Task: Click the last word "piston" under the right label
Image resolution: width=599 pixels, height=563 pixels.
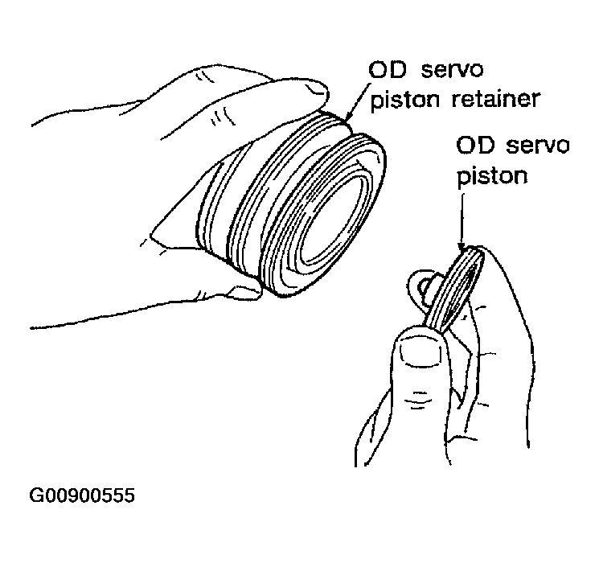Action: pos(492,175)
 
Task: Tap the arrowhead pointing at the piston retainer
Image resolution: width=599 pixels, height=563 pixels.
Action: pos(349,121)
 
